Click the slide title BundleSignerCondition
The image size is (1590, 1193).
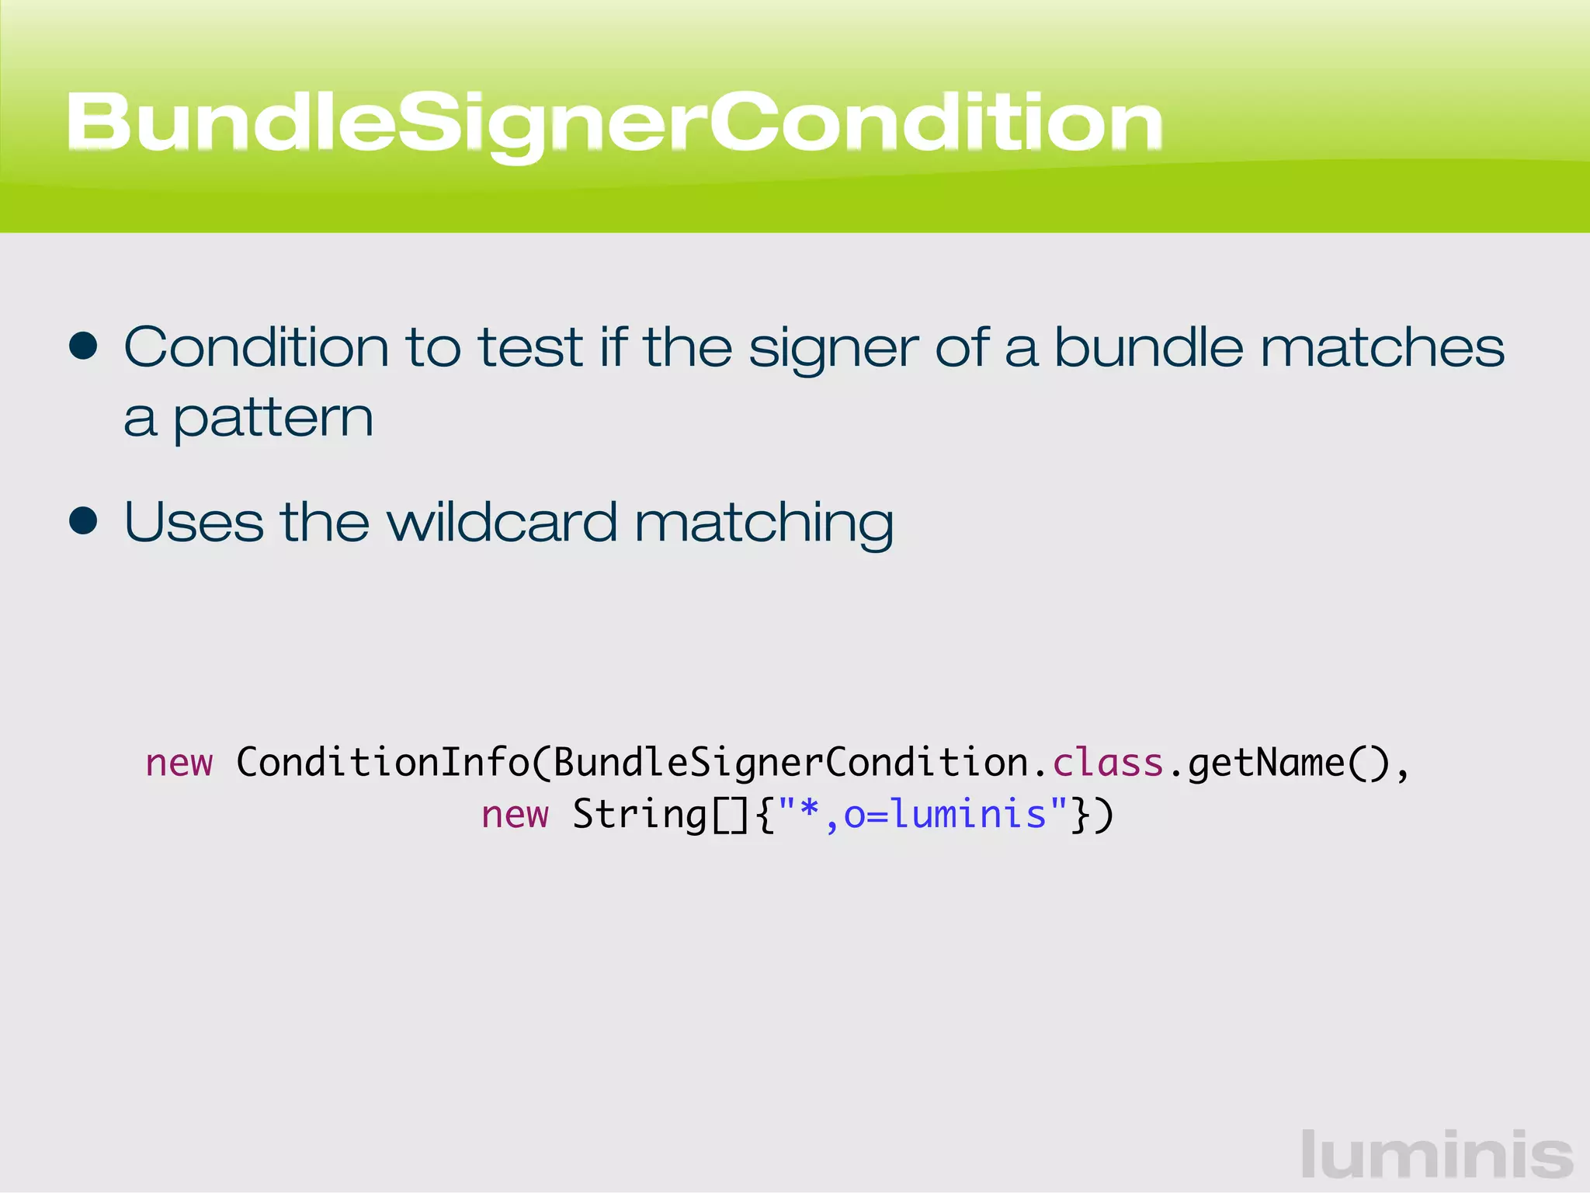[x=613, y=123]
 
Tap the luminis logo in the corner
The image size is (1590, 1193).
[x=1436, y=1156]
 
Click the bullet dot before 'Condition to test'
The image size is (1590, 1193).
[x=83, y=346]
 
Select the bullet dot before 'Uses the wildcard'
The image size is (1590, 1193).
[x=83, y=521]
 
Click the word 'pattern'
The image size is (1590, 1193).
[x=273, y=420]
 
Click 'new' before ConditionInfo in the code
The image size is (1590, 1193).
[x=179, y=763]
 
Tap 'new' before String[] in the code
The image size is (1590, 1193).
[x=515, y=815]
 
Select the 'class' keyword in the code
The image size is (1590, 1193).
[x=1108, y=763]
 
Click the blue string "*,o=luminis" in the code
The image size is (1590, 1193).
[x=922, y=815]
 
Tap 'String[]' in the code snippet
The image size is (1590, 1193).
[x=660, y=816]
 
